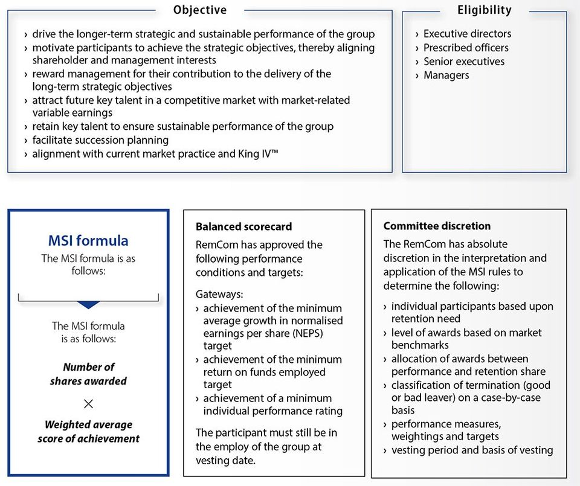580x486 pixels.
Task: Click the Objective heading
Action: (x=200, y=10)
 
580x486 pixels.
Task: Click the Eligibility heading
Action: (x=484, y=10)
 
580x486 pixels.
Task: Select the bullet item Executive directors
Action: (x=467, y=34)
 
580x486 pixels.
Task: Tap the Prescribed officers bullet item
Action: (x=466, y=48)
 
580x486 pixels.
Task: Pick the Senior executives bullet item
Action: (x=464, y=62)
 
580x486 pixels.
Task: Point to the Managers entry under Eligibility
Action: (x=446, y=75)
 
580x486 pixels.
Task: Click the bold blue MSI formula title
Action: (x=88, y=241)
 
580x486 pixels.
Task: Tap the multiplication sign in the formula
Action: (x=88, y=403)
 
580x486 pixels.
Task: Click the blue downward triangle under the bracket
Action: (x=88, y=305)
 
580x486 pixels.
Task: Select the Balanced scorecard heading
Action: (x=243, y=227)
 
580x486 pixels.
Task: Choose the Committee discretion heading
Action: (x=437, y=226)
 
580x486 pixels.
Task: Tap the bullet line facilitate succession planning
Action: (x=100, y=140)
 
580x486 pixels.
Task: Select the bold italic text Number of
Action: (x=88, y=367)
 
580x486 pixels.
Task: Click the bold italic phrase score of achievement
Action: (x=88, y=438)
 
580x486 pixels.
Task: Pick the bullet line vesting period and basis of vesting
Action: (x=472, y=450)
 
